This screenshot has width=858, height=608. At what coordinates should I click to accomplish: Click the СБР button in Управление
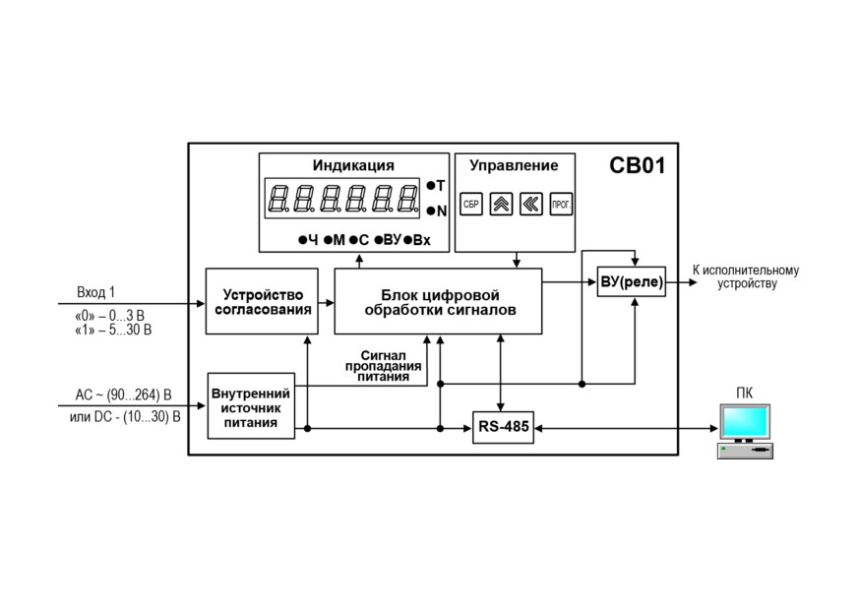[x=471, y=204]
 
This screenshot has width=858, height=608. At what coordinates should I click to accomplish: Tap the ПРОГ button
[x=561, y=204]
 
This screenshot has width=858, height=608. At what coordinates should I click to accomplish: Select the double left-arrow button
[x=530, y=204]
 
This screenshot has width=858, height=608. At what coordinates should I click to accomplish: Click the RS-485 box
[x=503, y=427]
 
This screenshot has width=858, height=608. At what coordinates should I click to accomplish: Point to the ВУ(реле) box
[x=632, y=281]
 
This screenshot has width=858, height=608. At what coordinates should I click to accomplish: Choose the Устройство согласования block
[x=262, y=301]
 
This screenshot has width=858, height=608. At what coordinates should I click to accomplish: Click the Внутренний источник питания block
[x=251, y=406]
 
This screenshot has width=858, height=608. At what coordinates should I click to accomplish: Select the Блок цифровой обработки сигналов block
[x=438, y=301]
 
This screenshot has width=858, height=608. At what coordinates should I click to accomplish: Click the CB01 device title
[x=638, y=165]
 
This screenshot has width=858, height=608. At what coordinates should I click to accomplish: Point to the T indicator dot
[x=431, y=186]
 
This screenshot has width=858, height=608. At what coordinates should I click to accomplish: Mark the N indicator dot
[x=431, y=211]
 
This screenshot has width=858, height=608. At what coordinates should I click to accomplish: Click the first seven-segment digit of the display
[x=278, y=198]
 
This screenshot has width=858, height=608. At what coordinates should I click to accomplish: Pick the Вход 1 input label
[x=95, y=292]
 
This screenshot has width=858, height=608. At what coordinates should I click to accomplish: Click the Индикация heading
[x=353, y=165]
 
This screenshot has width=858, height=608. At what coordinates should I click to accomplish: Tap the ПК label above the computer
[x=744, y=393]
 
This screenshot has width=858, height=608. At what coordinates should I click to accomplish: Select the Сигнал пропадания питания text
[x=384, y=366]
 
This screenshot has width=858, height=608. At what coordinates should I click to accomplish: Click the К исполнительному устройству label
[x=746, y=276]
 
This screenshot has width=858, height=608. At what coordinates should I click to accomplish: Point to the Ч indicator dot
[x=302, y=240]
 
